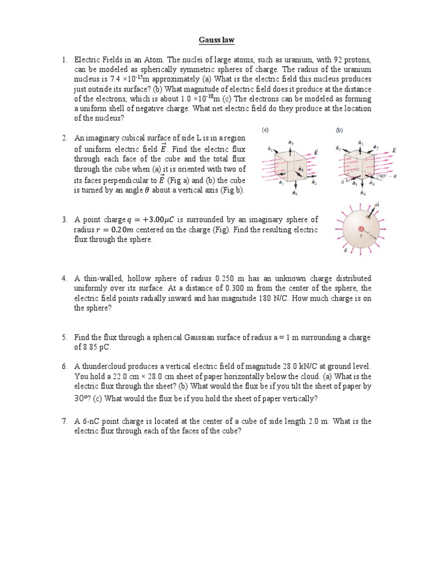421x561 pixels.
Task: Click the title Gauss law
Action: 210,40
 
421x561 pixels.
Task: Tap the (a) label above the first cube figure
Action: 265,131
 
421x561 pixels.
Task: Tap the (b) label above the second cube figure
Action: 339,131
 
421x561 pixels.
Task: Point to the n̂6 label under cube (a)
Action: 295,193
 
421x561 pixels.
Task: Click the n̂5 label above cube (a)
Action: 291,142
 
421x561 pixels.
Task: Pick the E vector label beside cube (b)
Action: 394,150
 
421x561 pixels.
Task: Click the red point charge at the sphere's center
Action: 361,228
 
